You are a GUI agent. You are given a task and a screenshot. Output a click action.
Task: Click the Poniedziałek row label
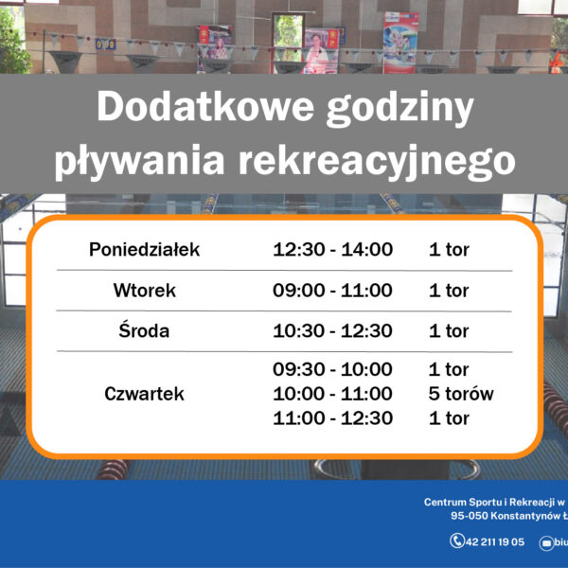pyautogui.click(x=145, y=250)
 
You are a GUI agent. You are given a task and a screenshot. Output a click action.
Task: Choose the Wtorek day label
pyautogui.click(x=145, y=291)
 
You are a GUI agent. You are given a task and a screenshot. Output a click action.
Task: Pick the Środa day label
pyautogui.click(x=145, y=330)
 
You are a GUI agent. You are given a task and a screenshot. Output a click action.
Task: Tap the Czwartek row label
pyautogui.click(x=145, y=394)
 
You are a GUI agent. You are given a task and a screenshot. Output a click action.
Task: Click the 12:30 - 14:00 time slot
pyautogui.click(x=332, y=250)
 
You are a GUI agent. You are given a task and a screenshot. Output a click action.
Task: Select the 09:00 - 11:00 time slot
pyautogui.click(x=332, y=291)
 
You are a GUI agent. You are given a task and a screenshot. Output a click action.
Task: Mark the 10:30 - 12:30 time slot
pyautogui.click(x=332, y=330)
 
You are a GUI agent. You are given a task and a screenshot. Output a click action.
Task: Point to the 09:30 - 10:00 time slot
pyautogui.click(x=332, y=369)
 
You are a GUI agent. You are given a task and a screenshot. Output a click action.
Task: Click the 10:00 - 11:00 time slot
pyautogui.click(x=332, y=394)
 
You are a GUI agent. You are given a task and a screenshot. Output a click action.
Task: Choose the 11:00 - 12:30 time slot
pyautogui.click(x=332, y=417)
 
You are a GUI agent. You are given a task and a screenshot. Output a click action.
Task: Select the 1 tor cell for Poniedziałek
pyautogui.click(x=449, y=250)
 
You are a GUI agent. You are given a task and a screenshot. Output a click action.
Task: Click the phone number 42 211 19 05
pyautogui.click(x=495, y=542)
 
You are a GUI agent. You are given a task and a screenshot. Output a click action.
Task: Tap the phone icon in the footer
pyautogui.click(x=457, y=541)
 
